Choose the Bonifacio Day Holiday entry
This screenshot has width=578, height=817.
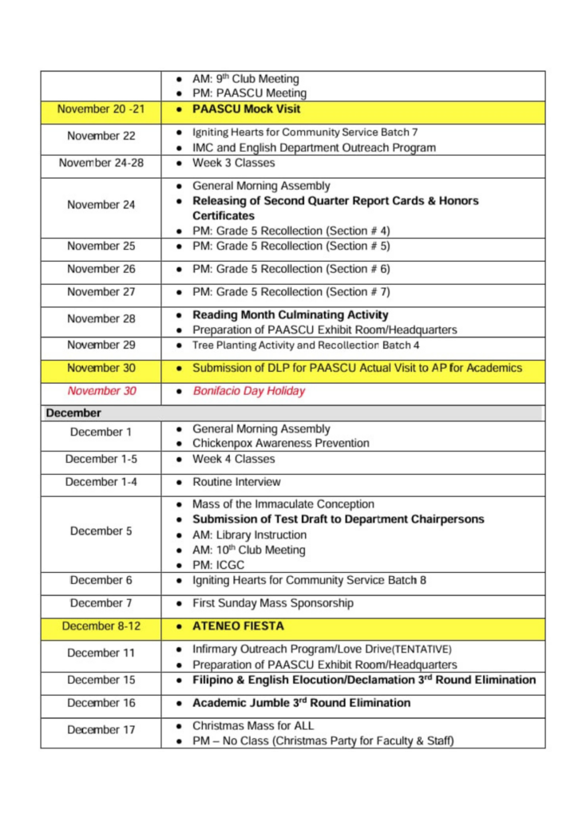pyautogui.click(x=248, y=392)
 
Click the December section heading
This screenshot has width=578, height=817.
pyautogui.click(x=73, y=413)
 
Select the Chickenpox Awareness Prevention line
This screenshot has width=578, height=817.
pyautogui.click(x=281, y=443)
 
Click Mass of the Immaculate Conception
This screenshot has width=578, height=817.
pyautogui.click(x=283, y=503)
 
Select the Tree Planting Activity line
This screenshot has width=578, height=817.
pyautogui.click(x=306, y=345)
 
